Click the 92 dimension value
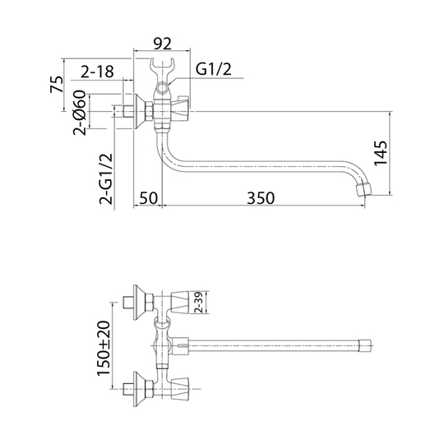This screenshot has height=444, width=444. click(x=162, y=44)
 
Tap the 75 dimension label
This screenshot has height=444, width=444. click(x=58, y=84)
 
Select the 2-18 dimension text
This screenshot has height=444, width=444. click(x=97, y=72)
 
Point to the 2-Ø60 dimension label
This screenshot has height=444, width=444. click(x=80, y=113)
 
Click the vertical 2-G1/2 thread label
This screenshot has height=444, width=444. click(x=106, y=178)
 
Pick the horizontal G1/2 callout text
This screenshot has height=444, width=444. click(x=214, y=69)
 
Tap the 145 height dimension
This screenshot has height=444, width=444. click(x=381, y=153)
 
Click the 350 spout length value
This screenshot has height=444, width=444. click(x=261, y=198)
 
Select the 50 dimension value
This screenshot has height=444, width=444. click(x=148, y=198)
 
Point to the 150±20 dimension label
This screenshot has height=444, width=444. click(x=104, y=349)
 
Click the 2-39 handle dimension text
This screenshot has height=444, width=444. click(x=199, y=302)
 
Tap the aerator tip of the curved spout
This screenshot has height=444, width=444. click(x=363, y=189)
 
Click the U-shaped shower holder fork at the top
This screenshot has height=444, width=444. click(x=162, y=70)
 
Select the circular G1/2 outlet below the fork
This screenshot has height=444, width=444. click(x=163, y=88)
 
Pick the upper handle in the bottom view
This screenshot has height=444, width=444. click(x=180, y=302)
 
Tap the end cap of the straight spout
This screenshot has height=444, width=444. click(x=365, y=345)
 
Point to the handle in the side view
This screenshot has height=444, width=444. click(x=180, y=109)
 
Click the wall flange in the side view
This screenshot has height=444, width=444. click(x=139, y=111)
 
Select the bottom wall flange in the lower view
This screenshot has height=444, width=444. click(x=139, y=389)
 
